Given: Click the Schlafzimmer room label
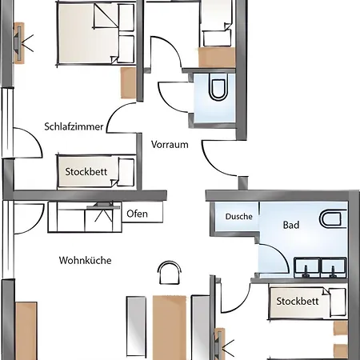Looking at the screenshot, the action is point(74,126).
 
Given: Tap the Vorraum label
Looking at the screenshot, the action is point(170,145).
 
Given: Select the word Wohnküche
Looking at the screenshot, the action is point(85,260).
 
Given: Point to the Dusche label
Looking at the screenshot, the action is point(239,216).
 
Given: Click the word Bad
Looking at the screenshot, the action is point(291,225).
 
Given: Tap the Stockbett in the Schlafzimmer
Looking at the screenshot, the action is point(96,171).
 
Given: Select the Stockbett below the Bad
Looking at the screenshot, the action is point(307,302).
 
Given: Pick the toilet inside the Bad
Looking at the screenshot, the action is point(333,219).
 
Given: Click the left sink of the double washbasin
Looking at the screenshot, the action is point(306,267).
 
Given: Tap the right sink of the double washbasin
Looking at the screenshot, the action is point(334,267).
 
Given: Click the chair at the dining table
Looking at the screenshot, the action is point(170,273).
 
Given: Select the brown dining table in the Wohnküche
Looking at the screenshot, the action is point(170,327).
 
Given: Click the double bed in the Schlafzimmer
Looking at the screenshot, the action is point(96,34).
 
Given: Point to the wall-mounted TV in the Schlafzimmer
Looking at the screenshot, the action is point(19,43).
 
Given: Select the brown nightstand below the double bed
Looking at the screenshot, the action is point(128,82).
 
